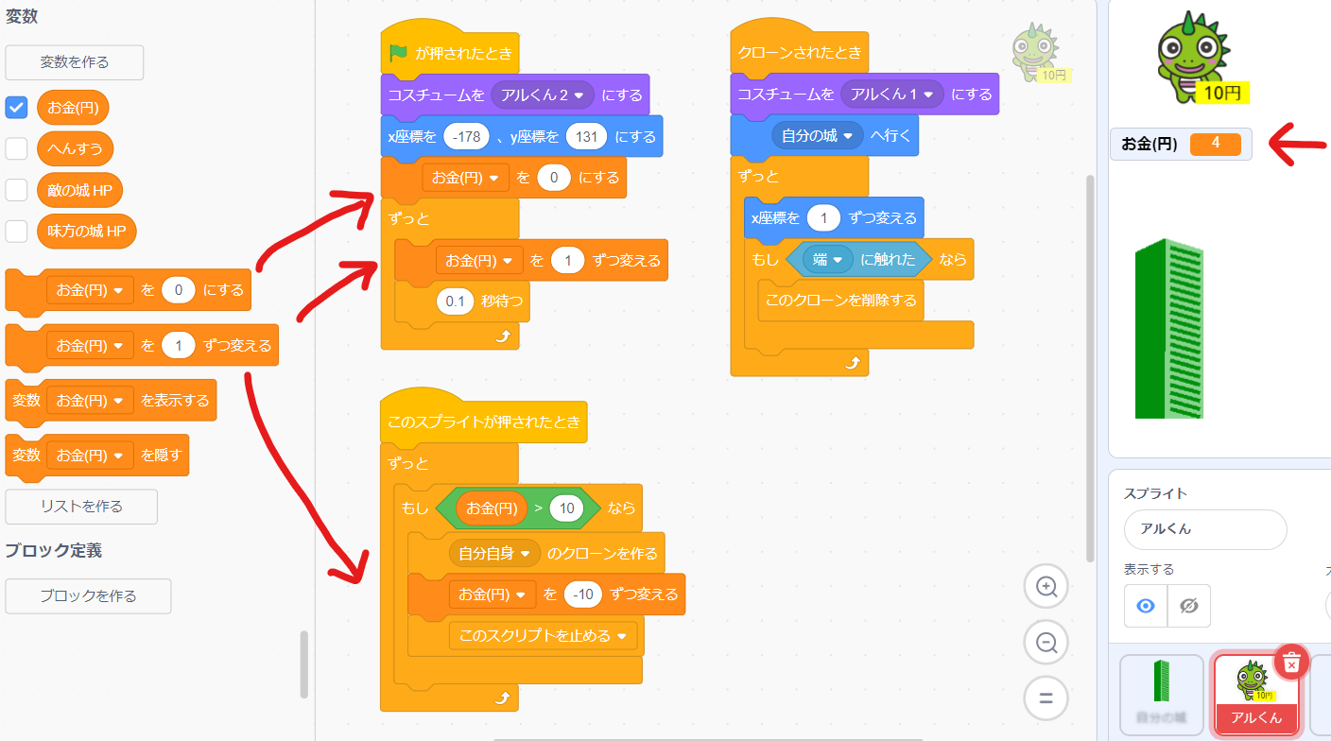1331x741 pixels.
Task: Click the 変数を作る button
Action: pos(75,62)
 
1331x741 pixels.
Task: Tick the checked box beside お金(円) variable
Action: pos(17,108)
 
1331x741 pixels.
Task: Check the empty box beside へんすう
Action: pos(17,148)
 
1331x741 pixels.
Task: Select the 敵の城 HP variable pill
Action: pos(79,190)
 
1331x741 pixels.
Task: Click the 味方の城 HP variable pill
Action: pos(87,232)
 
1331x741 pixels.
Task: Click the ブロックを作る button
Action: pos(88,596)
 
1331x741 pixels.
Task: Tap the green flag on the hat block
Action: pos(398,54)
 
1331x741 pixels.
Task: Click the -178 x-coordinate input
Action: pos(466,137)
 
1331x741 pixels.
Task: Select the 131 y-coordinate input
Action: pos(586,137)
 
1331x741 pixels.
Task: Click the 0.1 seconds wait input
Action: pos(455,302)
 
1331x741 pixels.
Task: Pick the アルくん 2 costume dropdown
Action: pos(543,95)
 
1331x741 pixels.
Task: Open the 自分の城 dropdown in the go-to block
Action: pos(818,136)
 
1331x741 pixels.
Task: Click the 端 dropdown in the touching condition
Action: pos(827,260)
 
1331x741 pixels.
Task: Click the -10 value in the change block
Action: pos(583,595)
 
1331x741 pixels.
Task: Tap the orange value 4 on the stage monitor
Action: pos(1215,144)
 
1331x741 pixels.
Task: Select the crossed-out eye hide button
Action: pos(1188,606)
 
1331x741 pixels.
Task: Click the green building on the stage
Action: pos(1168,329)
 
